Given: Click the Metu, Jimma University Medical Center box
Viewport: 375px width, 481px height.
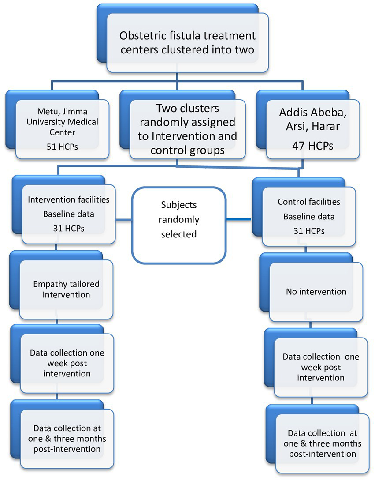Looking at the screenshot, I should [62, 128].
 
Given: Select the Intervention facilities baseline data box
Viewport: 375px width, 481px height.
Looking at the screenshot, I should [68, 214].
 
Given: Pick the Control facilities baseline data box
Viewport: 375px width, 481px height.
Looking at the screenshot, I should [308, 216].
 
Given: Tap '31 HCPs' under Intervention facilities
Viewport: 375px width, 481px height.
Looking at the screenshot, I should [68, 229].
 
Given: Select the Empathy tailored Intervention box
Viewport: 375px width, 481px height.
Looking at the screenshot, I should [66, 289].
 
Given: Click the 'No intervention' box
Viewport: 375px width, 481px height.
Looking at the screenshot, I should [316, 292].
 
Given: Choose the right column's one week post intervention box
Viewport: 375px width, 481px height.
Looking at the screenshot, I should [320, 367].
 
